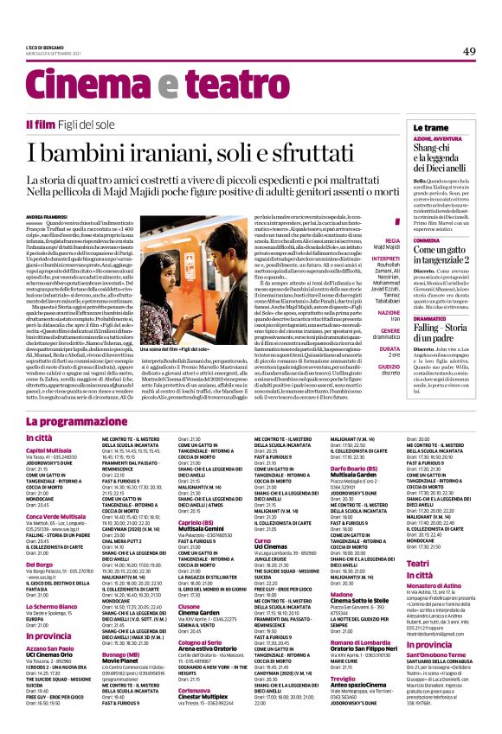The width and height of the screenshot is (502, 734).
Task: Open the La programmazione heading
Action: (x=106, y=421)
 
